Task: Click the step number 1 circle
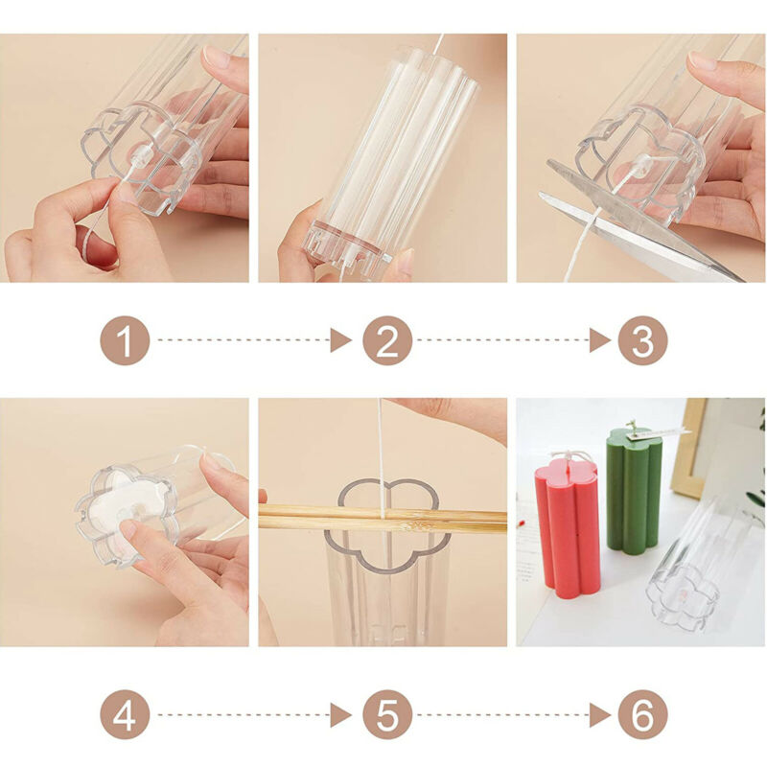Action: (125, 340)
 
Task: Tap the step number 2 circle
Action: (387, 340)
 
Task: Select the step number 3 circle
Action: (642, 340)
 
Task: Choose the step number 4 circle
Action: (125, 714)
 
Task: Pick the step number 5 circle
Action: (387, 714)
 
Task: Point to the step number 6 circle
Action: (642, 714)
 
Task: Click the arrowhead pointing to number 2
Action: (340, 340)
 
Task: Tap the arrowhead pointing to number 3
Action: (600, 340)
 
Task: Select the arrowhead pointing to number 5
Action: (340, 714)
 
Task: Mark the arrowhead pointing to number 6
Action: (600, 714)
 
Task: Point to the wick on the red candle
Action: (569, 460)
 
